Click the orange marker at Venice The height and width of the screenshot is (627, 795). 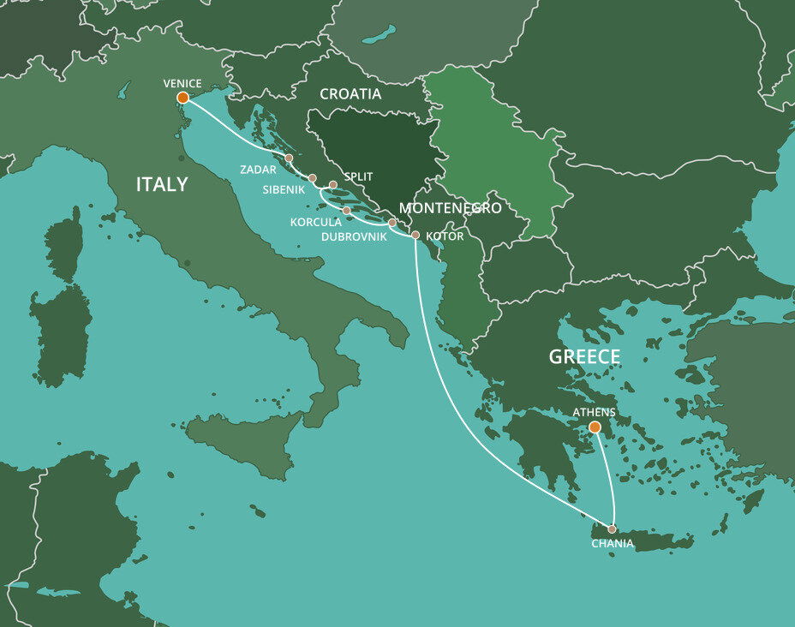(x=182, y=98)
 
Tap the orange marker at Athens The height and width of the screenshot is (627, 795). (x=595, y=427)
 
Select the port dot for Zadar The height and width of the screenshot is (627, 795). (x=289, y=158)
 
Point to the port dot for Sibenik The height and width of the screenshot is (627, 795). (x=312, y=178)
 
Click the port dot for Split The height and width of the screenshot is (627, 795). (x=333, y=184)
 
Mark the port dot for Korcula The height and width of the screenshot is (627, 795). (x=346, y=211)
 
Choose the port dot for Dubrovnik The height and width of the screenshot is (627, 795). (x=392, y=223)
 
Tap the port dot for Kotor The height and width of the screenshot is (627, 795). (x=415, y=235)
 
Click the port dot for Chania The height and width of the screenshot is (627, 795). (x=612, y=528)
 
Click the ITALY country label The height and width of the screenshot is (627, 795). (x=162, y=184)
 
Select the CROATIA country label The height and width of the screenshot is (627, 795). (x=350, y=94)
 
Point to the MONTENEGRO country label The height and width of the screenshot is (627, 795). (x=450, y=208)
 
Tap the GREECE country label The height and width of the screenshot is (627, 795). (x=584, y=357)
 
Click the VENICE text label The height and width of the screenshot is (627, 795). (x=182, y=83)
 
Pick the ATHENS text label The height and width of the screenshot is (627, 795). (x=595, y=412)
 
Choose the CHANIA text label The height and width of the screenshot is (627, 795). (x=613, y=544)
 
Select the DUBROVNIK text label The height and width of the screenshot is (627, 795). (x=360, y=236)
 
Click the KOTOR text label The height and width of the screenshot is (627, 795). (x=444, y=236)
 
